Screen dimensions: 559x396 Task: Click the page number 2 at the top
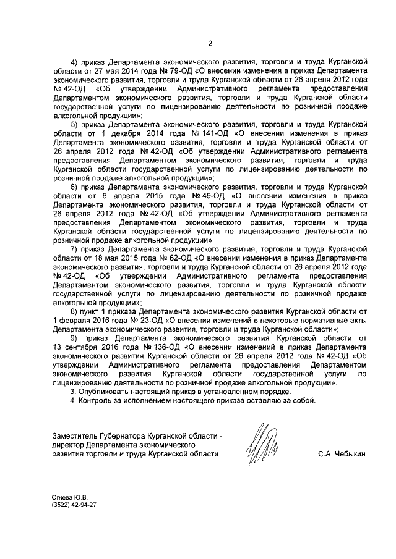tap(210, 43)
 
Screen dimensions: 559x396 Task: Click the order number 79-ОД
tap(176, 71)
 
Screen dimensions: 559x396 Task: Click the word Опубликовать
tap(108, 392)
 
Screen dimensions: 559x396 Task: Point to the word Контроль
tap(96, 401)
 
